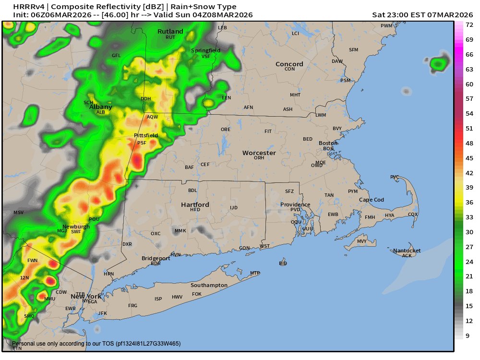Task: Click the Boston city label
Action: click(x=328, y=143)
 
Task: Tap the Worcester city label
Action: click(x=259, y=153)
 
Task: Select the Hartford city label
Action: click(x=195, y=204)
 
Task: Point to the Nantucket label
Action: click(x=407, y=251)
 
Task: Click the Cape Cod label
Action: click(x=372, y=200)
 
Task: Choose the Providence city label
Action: click(x=295, y=204)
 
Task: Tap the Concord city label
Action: click(x=289, y=64)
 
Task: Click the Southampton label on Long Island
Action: click(x=209, y=285)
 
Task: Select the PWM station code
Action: click(x=386, y=25)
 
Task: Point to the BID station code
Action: click(x=283, y=264)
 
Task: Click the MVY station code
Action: click(x=362, y=241)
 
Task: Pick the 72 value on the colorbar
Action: click(x=469, y=24)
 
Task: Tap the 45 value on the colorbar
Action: click(x=469, y=158)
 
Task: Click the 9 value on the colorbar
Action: click(x=468, y=336)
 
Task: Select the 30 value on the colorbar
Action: click(x=469, y=232)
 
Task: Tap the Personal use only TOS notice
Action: click(x=96, y=344)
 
